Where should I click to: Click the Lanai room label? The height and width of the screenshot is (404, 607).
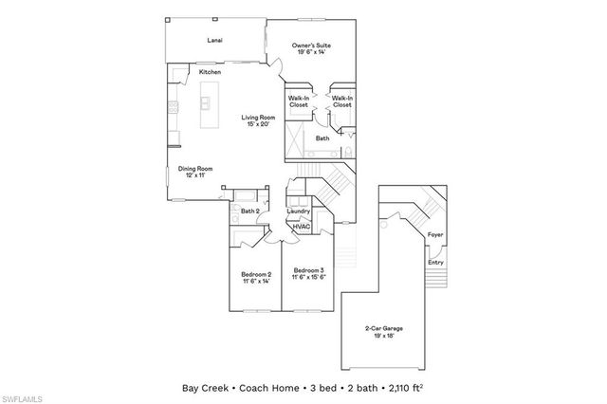pyautogui.click(x=214, y=41)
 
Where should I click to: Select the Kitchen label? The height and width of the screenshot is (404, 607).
pyautogui.click(x=211, y=73)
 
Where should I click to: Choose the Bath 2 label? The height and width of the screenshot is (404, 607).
pyautogui.click(x=249, y=211)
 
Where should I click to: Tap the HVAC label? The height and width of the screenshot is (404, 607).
pyautogui.click(x=301, y=227)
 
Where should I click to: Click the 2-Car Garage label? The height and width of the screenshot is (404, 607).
pyautogui.click(x=381, y=332)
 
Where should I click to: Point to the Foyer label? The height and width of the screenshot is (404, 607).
pyautogui.click(x=435, y=233)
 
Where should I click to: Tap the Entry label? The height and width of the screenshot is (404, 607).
pyautogui.click(x=435, y=263)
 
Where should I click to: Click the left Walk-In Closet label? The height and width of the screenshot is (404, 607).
pyautogui.click(x=301, y=101)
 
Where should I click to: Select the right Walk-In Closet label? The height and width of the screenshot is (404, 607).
pyautogui.click(x=342, y=101)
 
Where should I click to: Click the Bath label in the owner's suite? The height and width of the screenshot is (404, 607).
pyautogui.click(x=322, y=138)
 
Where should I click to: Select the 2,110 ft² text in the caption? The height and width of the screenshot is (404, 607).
pyautogui.click(x=408, y=388)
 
